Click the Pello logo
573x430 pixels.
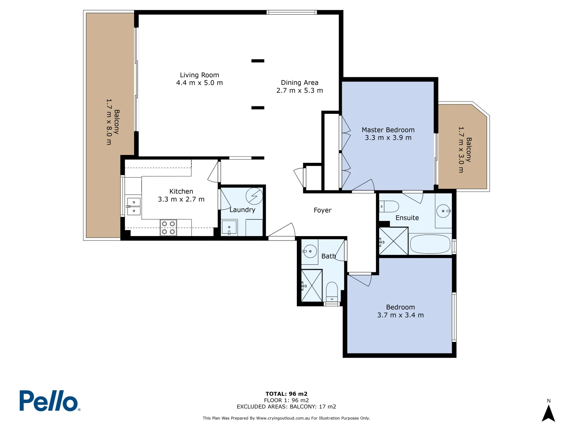pyautogui.click(x=49, y=401)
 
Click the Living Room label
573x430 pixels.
pyautogui.click(x=199, y=75)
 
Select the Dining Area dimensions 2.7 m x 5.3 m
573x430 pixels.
pyautogui.click(x=300, y=90)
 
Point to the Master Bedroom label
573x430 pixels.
pyautogui.click(x=388, y=130)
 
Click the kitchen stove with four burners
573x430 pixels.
pyautogui.click(x=168, y=228)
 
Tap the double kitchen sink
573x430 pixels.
pyautogui.click(x=134, y=206)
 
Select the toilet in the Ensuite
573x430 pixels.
pyautogui.click(x=390, y=207)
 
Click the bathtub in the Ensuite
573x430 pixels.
pyautogui.click(x=430, y=244)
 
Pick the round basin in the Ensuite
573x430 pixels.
pyautogui.click(x=443, y=211)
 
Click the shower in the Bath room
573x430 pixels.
pyautogui.click(x=312, y=285)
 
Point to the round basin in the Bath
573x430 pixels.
pyautogui.click(x=310, y=251)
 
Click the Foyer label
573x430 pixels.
pyautogui.click(x=322, y=210)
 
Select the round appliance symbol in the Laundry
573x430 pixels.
pyautogui.click(x=254, y=196)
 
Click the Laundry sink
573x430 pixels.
pyautogui.click(x=229, y=228)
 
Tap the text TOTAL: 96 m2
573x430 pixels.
pyautogui.click(x=286, y=394)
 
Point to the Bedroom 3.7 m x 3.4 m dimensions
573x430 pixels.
pyautogui.click(x=400, y=315)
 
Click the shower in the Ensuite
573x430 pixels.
pyautogui.click(x=394, y=241)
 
